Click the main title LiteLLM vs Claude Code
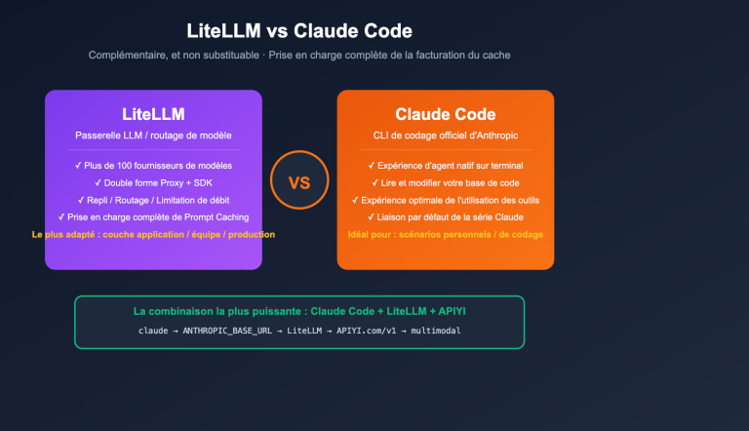pyautogui.click(x=298, y=32)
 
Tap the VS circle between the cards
pyautogui.click(x=298, y=181)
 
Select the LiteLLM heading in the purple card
pyautogui.click(x=153, y=114)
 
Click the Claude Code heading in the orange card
pyautogui.click(x=445, y=114)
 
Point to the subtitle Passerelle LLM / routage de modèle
pyautogui.click(x=153, y=135)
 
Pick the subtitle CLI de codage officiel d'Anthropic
pyautogui.click(x=445, y=135)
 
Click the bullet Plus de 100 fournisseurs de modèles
pyautogui.click(x=153, y=166)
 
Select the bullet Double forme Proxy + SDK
pyautogui.click(x=153, y=182)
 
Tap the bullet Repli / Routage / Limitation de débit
pyautogui.click(x=153, y=199)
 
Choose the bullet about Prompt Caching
pyautogui.click(x=153, y=216)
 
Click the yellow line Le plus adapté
pyautogui.click(x=153, y=234)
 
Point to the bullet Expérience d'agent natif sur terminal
pyautogui.click(x=445, y=166)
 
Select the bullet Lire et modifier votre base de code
pyautogui.click(x=445, y=182)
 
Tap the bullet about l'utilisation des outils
pyautogui.click(x=445, y=199)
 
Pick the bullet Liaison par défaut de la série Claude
pyautogui.click(x=445, y=216)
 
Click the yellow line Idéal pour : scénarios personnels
pyautogui.click(x=445, y=234)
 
